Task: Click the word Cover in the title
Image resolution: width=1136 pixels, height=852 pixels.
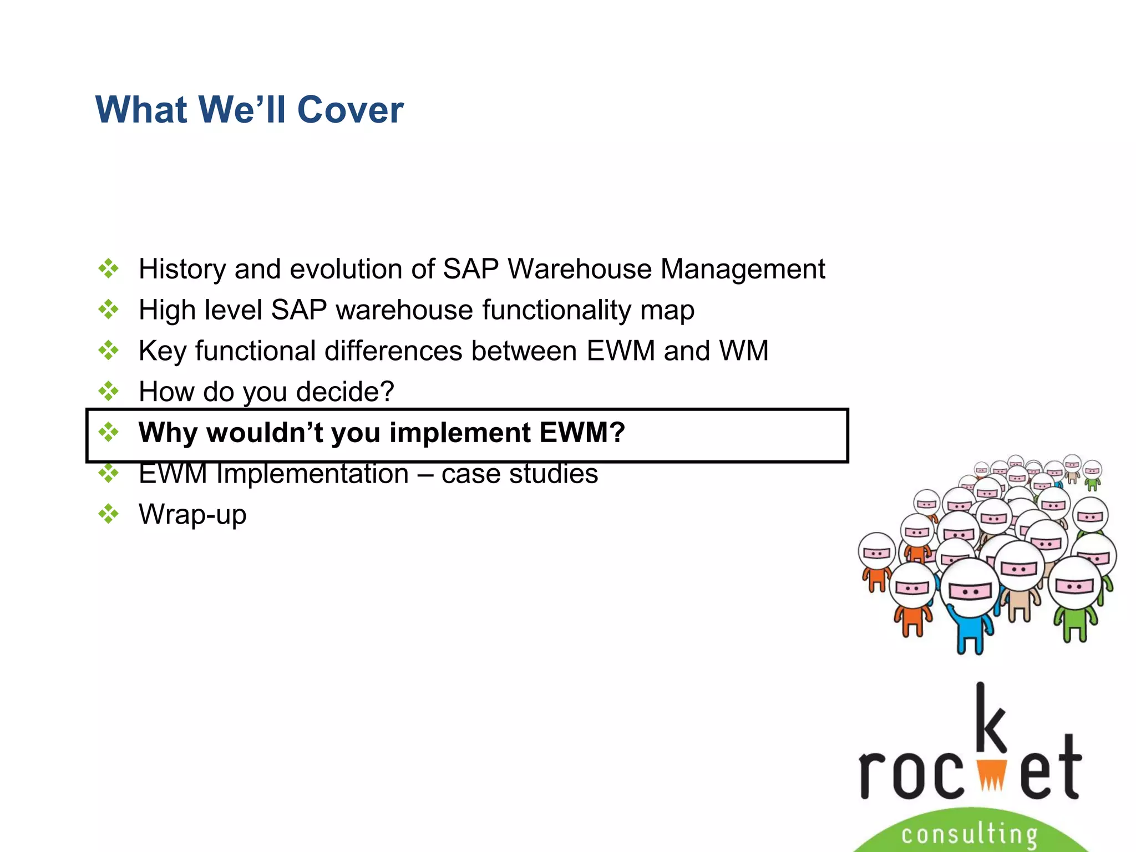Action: click(x=350, y=110)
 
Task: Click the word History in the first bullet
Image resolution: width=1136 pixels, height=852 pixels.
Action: click(x=181, y=269)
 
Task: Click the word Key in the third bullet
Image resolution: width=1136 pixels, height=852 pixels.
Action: click(x=162, y=351)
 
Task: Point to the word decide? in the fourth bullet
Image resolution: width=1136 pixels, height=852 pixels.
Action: click(x=345, y=392)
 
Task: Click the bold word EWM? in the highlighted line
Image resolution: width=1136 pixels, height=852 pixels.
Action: click(x=582, y=433)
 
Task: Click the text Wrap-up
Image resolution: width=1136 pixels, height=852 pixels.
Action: click(x=192, y=515)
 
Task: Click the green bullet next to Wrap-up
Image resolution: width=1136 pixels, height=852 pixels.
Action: click(x=108, y=514)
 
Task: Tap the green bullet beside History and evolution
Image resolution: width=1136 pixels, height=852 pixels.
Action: click(x=108, y=268)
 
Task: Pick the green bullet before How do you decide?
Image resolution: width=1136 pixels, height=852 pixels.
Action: click(x=108, y=391)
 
